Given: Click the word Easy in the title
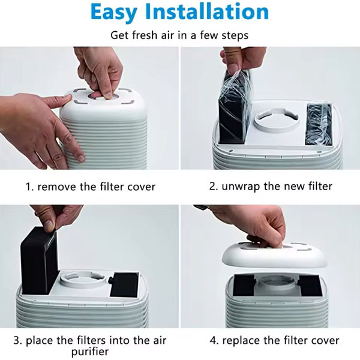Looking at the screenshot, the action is (x=113, y=13).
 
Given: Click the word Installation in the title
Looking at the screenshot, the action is (x=207, y=11).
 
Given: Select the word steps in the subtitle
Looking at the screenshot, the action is (x=235, y=36).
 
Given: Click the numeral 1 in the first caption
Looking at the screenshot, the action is (x=28, y=187).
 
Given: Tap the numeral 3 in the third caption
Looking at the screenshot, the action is (x=17, y=340).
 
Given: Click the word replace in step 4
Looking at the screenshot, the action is (x=242, y=341).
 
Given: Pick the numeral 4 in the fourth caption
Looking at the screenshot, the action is (x=213, y=340).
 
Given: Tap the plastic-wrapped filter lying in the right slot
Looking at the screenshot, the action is (x=319, y=124).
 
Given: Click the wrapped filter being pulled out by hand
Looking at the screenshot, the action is (x=235, y=107).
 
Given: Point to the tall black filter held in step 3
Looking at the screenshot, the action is (x=39, y=260).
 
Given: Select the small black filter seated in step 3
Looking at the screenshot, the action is (x=124, y=284).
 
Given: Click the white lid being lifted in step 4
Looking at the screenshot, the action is (x=274, y=255).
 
